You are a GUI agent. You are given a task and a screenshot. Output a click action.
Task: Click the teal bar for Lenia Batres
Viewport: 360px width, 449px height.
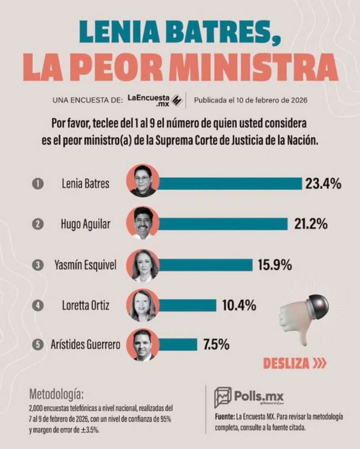[230, 184]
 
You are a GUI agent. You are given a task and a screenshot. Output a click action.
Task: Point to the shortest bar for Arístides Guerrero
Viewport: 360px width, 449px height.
[178, 345]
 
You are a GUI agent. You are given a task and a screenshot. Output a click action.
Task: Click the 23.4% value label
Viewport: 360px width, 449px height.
[323, 184]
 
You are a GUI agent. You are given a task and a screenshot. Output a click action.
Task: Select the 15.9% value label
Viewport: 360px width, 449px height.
[275, 265]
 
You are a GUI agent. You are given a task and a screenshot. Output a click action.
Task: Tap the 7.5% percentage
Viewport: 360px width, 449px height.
[216, 345]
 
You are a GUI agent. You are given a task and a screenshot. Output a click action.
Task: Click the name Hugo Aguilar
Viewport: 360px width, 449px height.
[86, 224]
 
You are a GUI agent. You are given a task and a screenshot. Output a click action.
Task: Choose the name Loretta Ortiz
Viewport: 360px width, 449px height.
[86, 306]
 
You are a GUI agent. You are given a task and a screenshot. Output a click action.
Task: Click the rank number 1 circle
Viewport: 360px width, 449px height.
[38, 184]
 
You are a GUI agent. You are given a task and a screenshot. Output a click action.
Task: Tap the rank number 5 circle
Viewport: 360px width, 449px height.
[38, 345]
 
